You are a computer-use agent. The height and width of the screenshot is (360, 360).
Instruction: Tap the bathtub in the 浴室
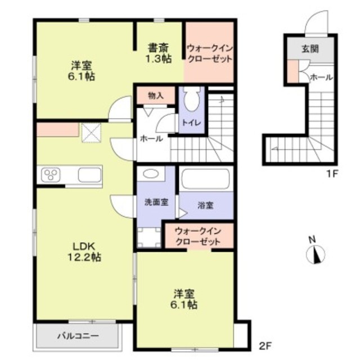(205, 179)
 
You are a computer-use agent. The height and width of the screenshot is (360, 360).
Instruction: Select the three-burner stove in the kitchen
(51, 174)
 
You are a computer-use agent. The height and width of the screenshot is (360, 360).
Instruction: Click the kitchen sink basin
(89, 175)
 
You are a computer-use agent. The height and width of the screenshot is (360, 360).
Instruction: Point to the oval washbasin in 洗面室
(151, 173)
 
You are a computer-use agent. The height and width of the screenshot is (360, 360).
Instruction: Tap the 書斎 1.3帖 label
(159, 53)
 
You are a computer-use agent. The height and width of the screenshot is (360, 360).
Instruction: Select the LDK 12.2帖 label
(84, 252)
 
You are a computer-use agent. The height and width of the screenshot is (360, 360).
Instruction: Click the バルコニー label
(78, 336)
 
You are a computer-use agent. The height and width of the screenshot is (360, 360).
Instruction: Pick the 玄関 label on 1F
(310, 49)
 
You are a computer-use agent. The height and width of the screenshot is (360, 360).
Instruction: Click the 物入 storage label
(156, 96)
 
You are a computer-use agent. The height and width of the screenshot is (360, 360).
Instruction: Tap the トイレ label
(192, 123)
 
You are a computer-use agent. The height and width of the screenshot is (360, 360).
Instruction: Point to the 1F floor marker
(332, 174)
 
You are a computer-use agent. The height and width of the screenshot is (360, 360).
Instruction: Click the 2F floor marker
(265, 346)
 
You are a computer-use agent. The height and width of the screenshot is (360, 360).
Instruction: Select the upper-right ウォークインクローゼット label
(210, 54)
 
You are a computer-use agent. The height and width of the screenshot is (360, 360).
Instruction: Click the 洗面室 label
(156, 202)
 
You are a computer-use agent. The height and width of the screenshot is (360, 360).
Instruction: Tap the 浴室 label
(205, 205)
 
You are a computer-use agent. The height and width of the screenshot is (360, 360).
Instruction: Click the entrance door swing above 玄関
(317, 23)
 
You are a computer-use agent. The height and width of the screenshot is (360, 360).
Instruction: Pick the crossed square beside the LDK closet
(91, 133)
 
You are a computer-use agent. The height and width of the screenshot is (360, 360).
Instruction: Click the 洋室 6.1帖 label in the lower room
(184, 299)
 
